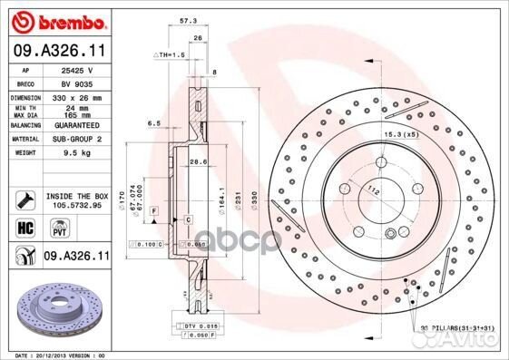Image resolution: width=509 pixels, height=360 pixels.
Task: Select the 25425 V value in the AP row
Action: click(x=78, y=69)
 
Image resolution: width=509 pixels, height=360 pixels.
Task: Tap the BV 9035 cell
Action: click(x=78, y=82)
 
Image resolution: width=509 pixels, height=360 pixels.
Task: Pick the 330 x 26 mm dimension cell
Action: click(x=78, y=95)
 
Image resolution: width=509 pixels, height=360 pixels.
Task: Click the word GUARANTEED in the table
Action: click(x=78, y=125)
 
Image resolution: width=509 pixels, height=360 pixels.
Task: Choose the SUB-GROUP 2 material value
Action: click(x=78, y=139)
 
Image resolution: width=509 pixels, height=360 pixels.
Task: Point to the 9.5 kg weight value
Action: click(x=78, y=152)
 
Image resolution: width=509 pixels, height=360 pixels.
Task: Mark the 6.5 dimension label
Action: click(x=155, y=122)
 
